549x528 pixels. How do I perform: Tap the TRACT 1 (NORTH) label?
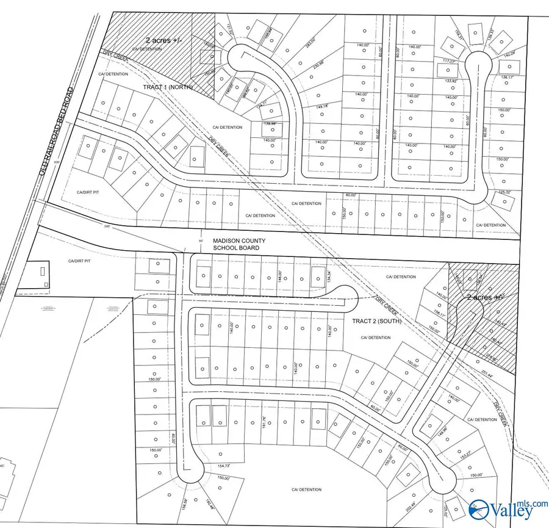168,87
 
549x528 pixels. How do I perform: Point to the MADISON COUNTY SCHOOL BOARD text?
239,244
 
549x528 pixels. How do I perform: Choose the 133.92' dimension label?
450,81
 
